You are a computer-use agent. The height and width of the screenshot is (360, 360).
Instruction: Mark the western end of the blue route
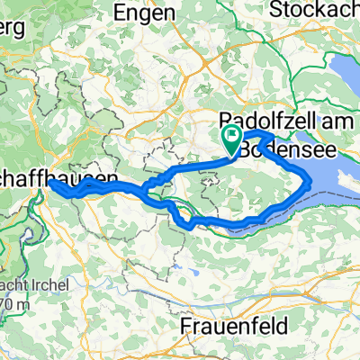tap(50, 185)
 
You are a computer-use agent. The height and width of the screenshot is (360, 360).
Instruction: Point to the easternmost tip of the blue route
tap(311, 183)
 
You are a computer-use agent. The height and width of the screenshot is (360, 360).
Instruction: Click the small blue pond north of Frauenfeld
tap(192, 268)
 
